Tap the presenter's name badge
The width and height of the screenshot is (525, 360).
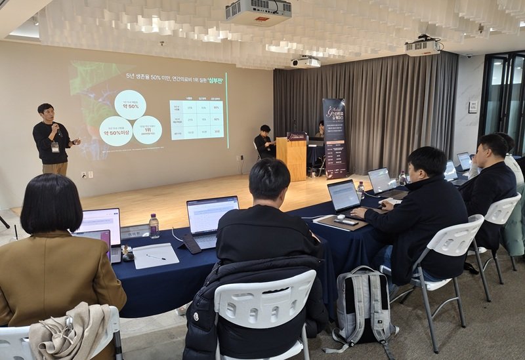55,147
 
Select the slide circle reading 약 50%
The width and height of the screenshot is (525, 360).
131,104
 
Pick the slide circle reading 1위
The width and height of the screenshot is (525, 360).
147,130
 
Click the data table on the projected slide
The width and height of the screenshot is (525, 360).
196,119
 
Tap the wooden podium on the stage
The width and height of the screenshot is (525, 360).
292,159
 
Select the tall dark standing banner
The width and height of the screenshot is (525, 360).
335,138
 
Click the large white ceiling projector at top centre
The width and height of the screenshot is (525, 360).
258,11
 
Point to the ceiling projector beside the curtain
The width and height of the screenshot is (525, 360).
423,47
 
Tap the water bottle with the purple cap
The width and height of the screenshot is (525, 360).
154,226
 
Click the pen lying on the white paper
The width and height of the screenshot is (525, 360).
156,256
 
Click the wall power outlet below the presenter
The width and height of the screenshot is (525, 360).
83,174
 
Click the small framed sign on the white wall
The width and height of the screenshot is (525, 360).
472,107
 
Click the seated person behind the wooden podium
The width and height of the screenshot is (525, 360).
264,141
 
